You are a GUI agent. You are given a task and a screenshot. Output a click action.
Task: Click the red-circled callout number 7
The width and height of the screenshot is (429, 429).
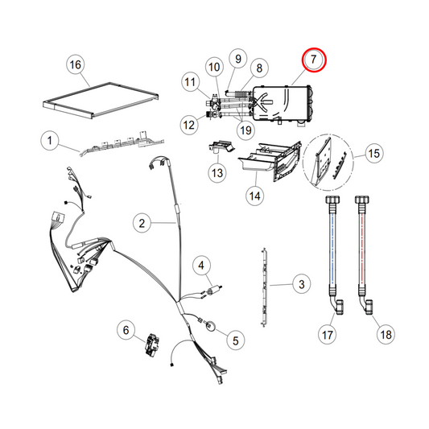pyautogui.click(x=312, y=60)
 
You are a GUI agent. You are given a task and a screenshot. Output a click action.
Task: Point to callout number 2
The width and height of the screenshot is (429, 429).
pyautogui.click(x=140, y=222)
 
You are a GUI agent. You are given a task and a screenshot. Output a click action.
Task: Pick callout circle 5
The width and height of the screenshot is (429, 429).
pyautogui.click(x=236, y=340)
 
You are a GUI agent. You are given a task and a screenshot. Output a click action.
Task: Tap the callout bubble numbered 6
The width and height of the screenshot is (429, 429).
pyautogui.click(x=126, y=328)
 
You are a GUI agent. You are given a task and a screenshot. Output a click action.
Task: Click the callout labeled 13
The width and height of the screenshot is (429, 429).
pyautogui.click(x=218, y=172)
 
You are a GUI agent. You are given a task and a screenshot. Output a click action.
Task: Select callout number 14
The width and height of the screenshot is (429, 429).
pyautogui.click(x=255, y=194)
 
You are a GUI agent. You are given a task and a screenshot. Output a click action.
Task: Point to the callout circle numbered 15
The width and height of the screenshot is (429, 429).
pyautogui.click(x=373, y=153)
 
